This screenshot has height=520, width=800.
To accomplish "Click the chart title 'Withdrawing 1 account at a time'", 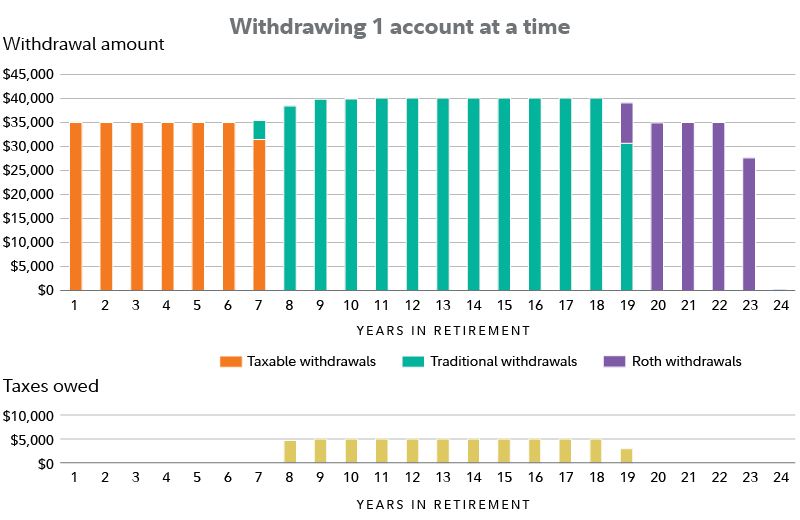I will click(x=400, y=26).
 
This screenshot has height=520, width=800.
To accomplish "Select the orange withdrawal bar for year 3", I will click(x=137, y=206).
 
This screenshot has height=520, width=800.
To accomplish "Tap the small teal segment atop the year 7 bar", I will click(x=259, y=130).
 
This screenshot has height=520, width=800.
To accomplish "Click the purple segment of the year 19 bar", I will click(x=626, y=123).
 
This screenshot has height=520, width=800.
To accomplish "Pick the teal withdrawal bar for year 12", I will click(x=412, y=194).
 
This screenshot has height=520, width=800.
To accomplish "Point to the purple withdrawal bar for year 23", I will click(x=748, y=223).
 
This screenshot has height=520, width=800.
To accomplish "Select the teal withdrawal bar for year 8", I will click(x=290, y=198).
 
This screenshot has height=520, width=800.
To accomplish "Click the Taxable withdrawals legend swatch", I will click(x=228, y=361).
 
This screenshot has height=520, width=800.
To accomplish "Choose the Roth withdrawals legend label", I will click(x=687, y=361).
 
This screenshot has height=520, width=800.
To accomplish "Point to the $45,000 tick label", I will click(x=29, y=74).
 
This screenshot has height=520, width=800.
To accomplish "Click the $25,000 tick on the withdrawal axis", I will click(x=29, y=170).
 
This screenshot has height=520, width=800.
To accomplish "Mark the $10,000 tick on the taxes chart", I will click(x=29, y=415).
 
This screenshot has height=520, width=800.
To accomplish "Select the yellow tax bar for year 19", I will click(x=626, y=456).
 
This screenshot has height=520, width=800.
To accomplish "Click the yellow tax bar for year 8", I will click(x=290, y=452).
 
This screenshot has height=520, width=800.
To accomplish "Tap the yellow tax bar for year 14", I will click(x=473, y=451).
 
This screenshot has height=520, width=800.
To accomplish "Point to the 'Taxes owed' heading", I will click(x=51, y=385).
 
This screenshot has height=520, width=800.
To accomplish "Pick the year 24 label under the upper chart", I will click(x=779, y=305).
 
